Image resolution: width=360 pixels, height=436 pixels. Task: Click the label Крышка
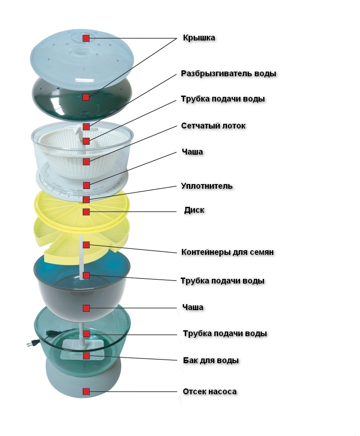199,38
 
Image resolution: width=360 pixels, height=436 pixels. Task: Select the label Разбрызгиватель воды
229,73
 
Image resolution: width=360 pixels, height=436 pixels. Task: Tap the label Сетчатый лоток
213,126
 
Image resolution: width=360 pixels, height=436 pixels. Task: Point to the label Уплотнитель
207,186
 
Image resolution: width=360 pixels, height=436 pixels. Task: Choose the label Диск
194,210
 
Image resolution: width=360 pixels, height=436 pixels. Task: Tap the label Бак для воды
211,361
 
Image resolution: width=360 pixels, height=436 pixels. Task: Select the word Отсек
194,392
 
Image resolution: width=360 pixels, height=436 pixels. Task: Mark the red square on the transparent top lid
86,38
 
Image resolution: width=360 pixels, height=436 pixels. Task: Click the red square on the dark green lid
86,97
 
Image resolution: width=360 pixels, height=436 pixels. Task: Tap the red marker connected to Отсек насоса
86,392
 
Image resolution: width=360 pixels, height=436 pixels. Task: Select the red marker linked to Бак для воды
86,356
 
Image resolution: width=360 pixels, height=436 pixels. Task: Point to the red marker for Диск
86,211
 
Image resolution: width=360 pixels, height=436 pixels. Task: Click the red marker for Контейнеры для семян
86,245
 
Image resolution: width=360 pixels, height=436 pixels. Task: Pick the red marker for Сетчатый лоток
86,162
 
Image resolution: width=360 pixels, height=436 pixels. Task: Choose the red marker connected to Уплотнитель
86,199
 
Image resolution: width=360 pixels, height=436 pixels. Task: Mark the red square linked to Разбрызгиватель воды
86,126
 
